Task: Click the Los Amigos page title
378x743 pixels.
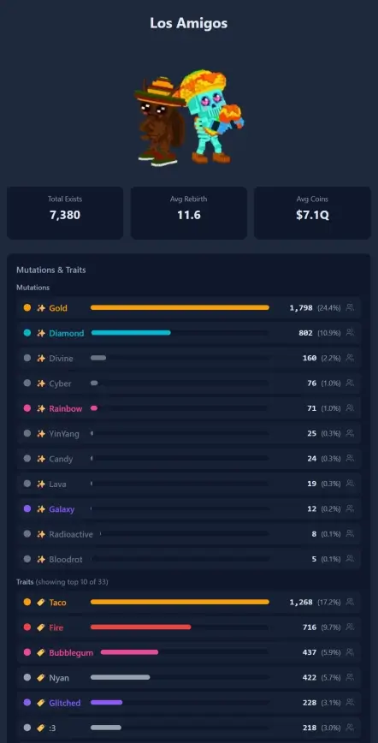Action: (188, 23)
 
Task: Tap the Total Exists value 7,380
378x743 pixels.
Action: (65, 215)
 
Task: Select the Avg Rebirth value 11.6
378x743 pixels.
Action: (188, 215)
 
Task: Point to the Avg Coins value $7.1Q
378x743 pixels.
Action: (312, 215)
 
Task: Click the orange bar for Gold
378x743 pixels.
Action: (180, 307)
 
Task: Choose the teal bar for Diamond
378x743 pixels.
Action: (131, 333)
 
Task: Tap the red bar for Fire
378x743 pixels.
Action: (141, 627)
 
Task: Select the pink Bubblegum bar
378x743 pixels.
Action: (129, 652)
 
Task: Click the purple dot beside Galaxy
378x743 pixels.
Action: (27, 508)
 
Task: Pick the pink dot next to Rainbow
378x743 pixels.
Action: (27, 408)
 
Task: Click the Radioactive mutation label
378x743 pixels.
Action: (71, 534)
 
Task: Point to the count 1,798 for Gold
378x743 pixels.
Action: (301, 308)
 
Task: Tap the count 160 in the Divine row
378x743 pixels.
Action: (310, 358)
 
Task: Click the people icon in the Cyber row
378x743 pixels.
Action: (350, 383)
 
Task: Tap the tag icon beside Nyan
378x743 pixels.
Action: (41, 678)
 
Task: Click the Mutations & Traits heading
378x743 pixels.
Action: (51, 270)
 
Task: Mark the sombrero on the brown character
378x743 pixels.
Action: (160, 92)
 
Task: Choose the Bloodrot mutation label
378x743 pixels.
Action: (66, 559)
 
